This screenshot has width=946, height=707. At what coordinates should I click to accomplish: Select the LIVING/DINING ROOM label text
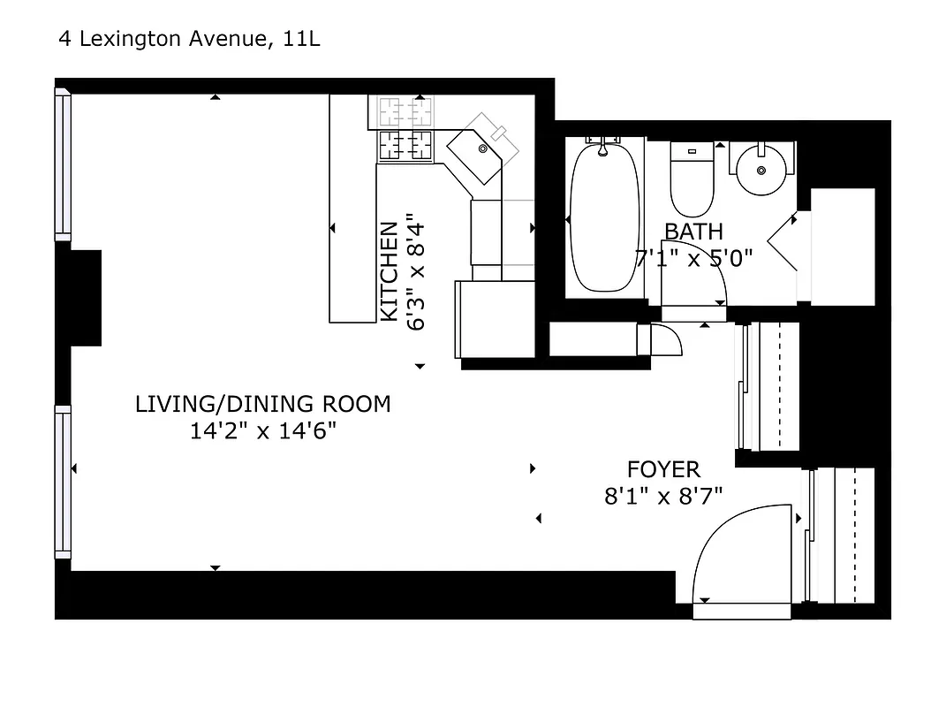pyautogui.click(x=262, y=405)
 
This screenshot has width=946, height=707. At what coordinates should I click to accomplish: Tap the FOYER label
pyautogui.click(x=663, y=469)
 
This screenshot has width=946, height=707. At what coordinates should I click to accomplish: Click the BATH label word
pyautogui.click(x=693, y=232)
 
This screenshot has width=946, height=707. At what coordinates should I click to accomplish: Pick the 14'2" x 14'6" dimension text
pyautogui.click(x=262, y=432)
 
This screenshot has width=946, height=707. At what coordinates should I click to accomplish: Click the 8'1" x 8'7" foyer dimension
pyautogui.click(x=663, y=497)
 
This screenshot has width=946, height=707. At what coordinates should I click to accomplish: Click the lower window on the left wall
pyautogui.click(x=63, y=482)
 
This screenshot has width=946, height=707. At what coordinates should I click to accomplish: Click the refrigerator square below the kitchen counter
pyautogui.click(x=495, y=319)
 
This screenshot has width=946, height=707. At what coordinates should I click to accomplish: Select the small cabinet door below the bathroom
pyautogui.click(x=664, y=339)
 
